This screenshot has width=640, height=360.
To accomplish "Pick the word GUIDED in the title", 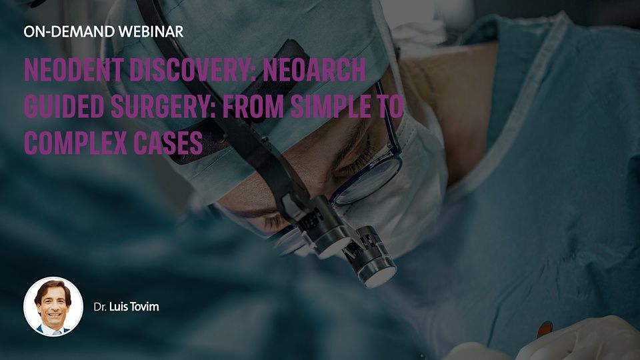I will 61,108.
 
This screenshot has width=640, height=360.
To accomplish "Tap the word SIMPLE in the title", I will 340,108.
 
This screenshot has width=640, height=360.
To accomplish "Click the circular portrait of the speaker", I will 53,306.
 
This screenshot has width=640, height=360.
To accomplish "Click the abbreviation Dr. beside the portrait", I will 100,307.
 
